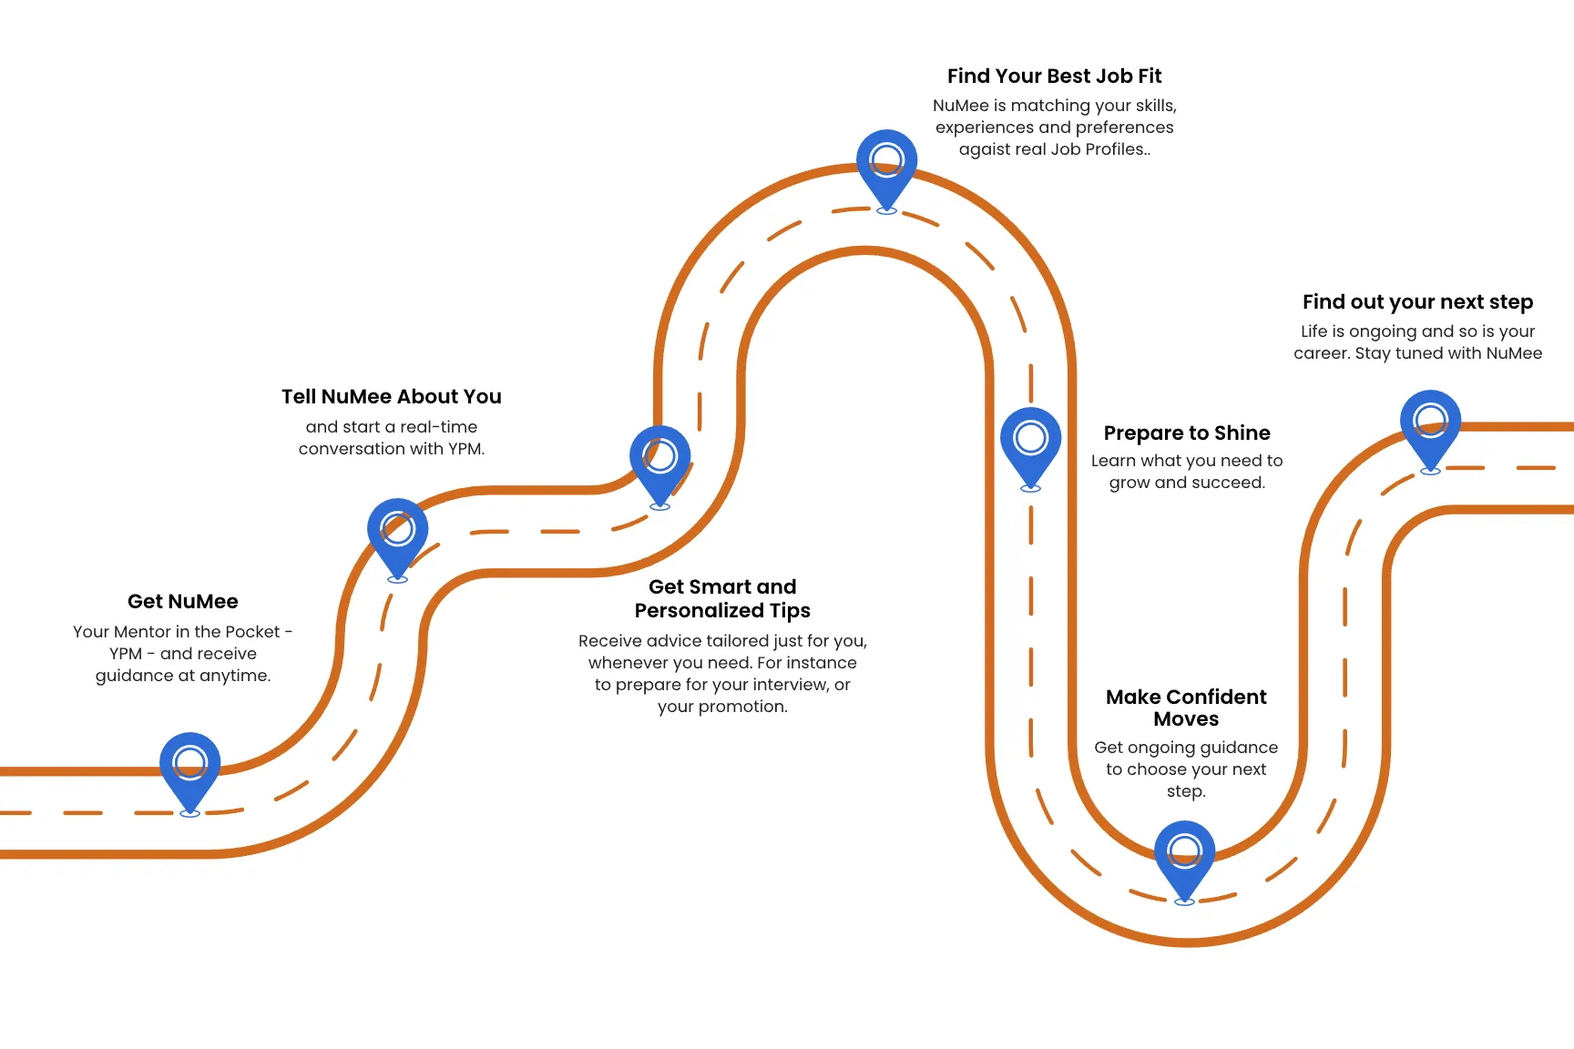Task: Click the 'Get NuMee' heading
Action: tap(183, 601)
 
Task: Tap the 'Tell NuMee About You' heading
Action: tap(392, 396)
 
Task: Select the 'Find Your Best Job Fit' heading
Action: tap(1055, 76)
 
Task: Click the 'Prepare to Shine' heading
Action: tap(1187, 433)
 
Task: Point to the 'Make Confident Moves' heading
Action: tap(1186, 708)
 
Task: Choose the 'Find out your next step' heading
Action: tap(1418, 301)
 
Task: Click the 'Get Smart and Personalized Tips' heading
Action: tap(722, 598)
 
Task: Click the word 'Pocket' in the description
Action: tap(252, 632)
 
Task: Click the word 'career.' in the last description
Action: tap(1322, 353)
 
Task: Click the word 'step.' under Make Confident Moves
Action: tap(1186, 792)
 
